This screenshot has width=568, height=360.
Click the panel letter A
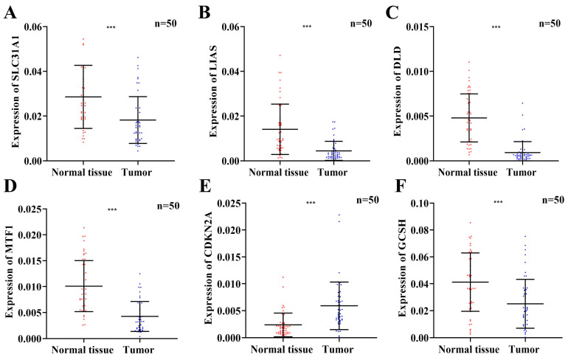tap(10, 13)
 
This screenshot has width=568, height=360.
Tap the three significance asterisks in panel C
tap(496, 28)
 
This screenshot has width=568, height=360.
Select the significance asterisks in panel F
tap(499, 201)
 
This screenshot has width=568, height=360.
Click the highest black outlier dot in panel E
tap(339, 215)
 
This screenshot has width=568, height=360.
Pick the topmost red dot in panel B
tap(280, 55)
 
